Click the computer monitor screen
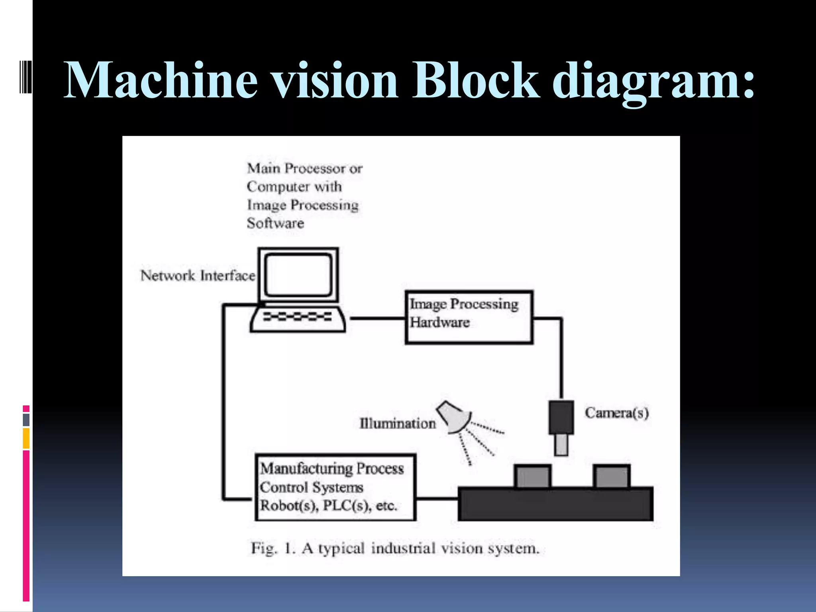click(298, 275)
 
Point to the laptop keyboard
click(297, 317)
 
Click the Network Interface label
click(198, 276)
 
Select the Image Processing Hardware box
click(469, 317)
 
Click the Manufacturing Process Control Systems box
click(335, 487)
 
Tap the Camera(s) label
click(616, 413)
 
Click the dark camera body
click(561, 417)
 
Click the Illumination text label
click(397, 424)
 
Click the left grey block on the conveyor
click(532, 477)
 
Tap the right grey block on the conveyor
click(612, 477)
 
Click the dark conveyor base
click(555, 504)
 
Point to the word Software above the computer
click(275, 223)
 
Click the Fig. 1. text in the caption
click(273, 549)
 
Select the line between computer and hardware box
click(377, 318)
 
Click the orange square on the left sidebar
click(26, 438)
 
